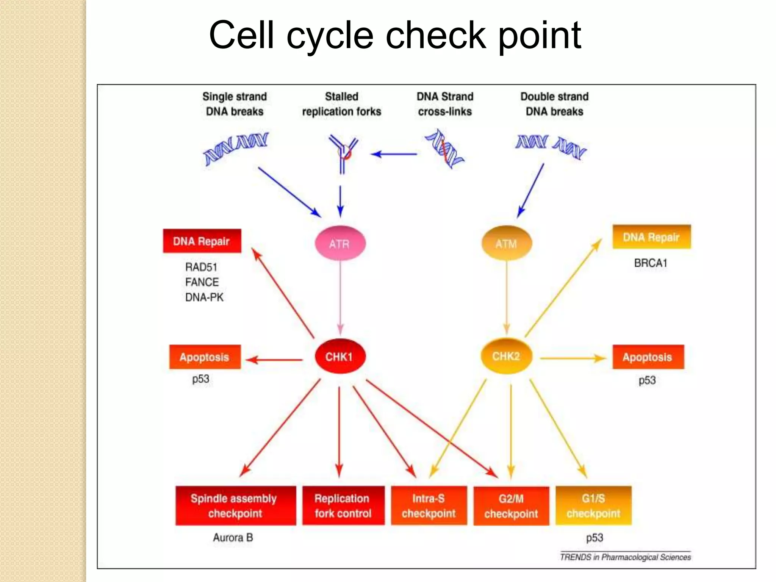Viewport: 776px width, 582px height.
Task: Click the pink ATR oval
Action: click(340, 243)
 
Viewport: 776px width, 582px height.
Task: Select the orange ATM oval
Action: click(506, 243)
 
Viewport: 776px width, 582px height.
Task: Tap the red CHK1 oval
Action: click(340, 356)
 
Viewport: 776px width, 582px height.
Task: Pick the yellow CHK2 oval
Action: click(506, 356)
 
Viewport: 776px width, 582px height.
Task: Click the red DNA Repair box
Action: click(202, 241)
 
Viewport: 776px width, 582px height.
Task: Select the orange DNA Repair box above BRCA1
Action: click(651, 237)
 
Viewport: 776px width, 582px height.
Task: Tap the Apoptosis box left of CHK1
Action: click(205, 357)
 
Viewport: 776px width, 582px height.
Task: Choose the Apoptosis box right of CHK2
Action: click(648, 357)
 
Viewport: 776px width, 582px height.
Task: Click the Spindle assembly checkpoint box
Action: click(235, 505)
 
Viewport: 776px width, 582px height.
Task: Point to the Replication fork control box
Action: click(343, 505)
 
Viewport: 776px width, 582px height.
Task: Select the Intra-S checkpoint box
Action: click(429, 505)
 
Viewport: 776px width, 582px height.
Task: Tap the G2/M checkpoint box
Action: click(511, 505)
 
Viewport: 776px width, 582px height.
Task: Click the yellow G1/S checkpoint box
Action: click(593, 505)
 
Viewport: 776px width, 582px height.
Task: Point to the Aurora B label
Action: click(233, 537)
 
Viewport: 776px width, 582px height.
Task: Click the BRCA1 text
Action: click(651, 263)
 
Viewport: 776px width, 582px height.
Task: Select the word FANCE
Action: click(202, 282)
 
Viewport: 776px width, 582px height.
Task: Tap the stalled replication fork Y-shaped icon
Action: click(343, 153)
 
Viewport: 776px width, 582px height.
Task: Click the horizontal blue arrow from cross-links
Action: click(394, 154)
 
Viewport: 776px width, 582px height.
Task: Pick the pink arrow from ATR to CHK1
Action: click(340, 296)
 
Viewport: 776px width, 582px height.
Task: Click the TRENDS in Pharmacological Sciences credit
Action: click(625, 557)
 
